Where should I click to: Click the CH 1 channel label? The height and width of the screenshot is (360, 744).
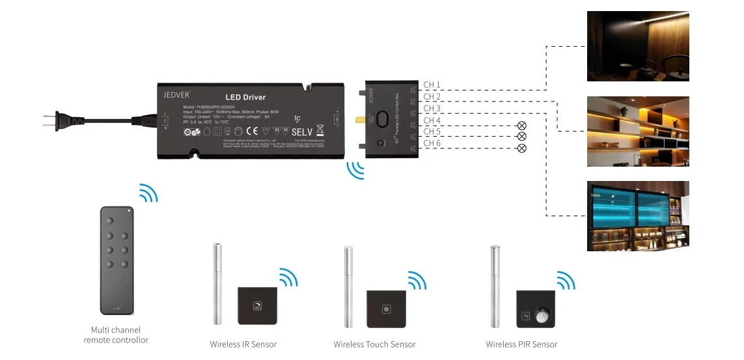pyautogui.click(x=432, y=85)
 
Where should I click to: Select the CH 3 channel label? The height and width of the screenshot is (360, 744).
pyautogui.click(x=432, y=108)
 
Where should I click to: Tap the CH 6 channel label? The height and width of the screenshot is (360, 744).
pyautogui.click(x=432, y=143)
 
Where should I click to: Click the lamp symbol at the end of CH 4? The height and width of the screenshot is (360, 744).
pyautogui.click(x=521, y=125)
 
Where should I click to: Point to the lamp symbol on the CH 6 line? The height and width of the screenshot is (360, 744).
pyautogui.click(x=521, y=148)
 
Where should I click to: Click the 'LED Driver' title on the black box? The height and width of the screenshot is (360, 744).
pyautogui.click(x=245, y=97)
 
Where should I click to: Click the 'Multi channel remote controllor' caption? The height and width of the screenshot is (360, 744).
pyautogui.click(x=116, y=335)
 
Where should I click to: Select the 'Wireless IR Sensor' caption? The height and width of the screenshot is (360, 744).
pyautogui.click(x=243, y=344)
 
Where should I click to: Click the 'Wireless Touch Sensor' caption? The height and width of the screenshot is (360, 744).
pyautogui.click(x=374, y=344)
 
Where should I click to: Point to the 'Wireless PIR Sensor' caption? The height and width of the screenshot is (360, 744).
pyautogui.click(x=521, y=344)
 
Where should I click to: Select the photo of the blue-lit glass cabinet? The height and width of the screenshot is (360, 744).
pyautogui.click(x=638, y=215)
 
